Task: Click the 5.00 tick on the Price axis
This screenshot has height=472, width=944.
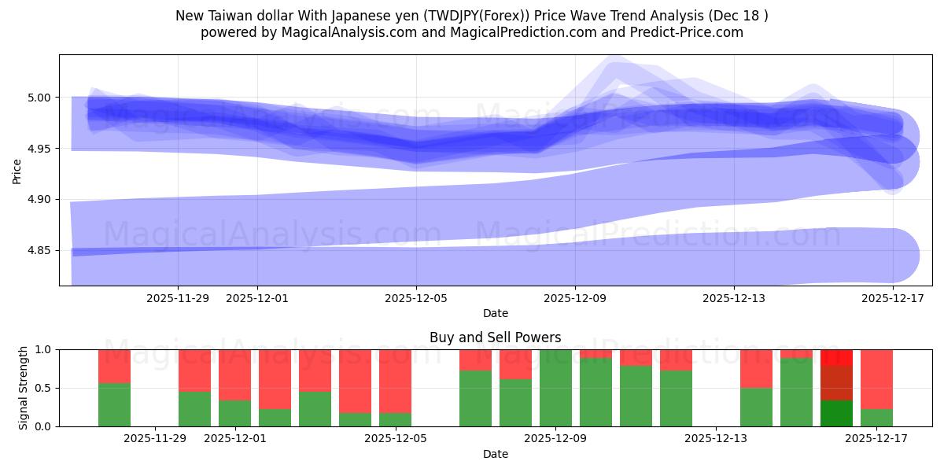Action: click(39, 98)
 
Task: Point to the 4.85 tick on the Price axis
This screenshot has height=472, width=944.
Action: click(39, 251)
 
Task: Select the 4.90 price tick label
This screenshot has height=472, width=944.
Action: click(39, 200)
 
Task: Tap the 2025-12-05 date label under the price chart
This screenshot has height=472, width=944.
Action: click(416, 298)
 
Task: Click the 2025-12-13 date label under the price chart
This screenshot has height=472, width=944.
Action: click(733, 298)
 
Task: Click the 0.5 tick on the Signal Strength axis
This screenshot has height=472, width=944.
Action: click(42, 388)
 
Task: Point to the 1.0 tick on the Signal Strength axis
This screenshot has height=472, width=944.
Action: click(42, 349)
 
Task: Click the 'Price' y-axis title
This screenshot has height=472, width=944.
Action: click(17, 171)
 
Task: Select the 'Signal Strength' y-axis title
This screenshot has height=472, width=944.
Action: click(24, 388)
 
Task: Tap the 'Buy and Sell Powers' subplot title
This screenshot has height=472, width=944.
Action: click(495, 337)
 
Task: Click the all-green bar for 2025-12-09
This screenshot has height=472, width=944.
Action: click(555, 388)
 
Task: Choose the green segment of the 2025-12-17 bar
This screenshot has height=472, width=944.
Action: click(876, 418)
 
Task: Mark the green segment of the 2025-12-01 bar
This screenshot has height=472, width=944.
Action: click(234, 413)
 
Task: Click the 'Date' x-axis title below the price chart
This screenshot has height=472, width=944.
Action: click(495, 313)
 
